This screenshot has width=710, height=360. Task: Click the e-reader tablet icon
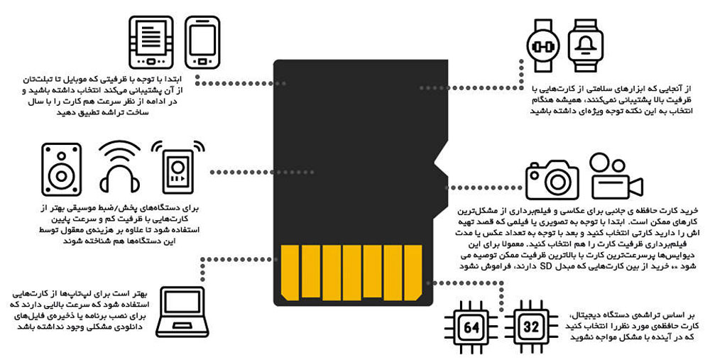pos(151,42)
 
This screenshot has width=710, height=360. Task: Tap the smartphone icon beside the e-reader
pos(202,42)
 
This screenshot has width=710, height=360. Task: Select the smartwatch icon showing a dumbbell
pos(543,45)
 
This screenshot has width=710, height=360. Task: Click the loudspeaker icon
pos(62,170)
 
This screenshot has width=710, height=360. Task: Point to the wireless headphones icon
pos(119,167)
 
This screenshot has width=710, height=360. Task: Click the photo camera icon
pos(552,180)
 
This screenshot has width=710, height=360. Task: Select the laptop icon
pos(182,312)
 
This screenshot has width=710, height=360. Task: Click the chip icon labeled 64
pos(471,327)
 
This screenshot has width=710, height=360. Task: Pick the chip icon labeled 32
pos(530,327)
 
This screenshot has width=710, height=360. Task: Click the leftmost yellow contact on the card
pos(290,273)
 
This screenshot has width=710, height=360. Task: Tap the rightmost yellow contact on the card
pos(413,273)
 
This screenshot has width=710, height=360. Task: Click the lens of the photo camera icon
pos(556,182)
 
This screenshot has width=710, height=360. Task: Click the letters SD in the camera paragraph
pos(547,266)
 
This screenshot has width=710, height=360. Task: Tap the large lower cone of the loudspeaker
pos(62,175)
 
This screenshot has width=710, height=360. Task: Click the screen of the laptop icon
pos(182,302)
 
